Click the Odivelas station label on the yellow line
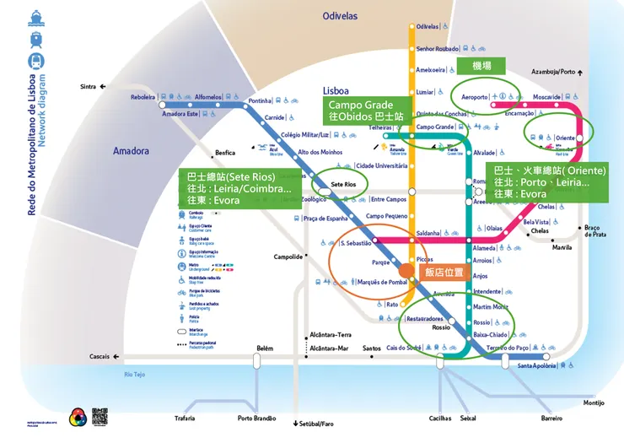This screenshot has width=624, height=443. (428, 27)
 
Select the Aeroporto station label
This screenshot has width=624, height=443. (475, 97)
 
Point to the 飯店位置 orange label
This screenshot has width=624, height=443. (444, 273)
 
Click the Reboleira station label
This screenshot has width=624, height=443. (143, 97)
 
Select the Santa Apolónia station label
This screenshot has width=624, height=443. (539, 365)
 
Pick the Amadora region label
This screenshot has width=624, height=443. (131, 151)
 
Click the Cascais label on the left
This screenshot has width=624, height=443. (100, 357)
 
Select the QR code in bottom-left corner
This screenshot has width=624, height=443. (100, 417)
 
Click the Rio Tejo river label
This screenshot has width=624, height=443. (135, 374)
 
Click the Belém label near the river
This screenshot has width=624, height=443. (265, 348)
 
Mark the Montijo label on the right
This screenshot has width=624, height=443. (594, 402)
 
